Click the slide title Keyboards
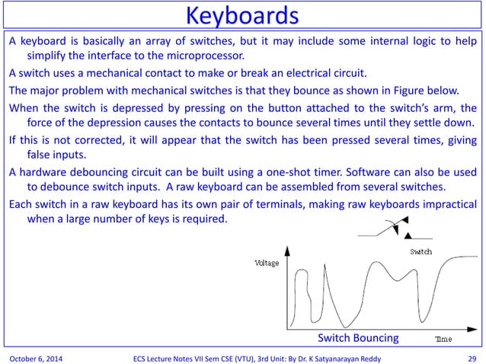pos(242,15)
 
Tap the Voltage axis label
pos(267,263)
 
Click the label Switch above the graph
pos(420,251)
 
